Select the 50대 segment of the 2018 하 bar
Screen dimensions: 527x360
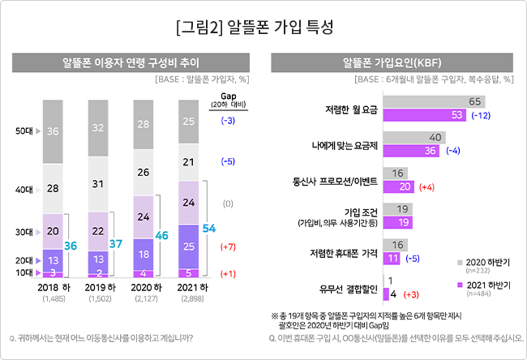click(53, 132)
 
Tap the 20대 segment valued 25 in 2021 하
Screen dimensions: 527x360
click(189, 246)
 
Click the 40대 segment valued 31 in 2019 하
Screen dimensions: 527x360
click(98, 184)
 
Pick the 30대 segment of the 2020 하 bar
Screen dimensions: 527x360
click(144, 216)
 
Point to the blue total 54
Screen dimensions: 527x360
click(209, 229)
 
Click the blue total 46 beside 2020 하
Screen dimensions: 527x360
click(161, 235)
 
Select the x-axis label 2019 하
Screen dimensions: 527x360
click(101, 287)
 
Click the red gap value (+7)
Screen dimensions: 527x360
click(228, 246)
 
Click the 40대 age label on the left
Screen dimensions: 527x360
click(24, 190)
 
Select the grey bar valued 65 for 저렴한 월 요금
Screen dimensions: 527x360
click(434, 101)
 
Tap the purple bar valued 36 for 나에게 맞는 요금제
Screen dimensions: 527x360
click(411, 151)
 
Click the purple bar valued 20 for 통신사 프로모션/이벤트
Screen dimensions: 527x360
click(399, 186)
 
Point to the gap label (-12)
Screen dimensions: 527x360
click(481, 116)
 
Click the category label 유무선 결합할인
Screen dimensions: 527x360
click(349, 289)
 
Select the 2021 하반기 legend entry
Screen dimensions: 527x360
click(484, 288)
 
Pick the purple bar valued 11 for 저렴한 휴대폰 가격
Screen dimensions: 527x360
click(392, 259)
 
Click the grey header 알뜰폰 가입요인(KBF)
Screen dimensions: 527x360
click(392, 62)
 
